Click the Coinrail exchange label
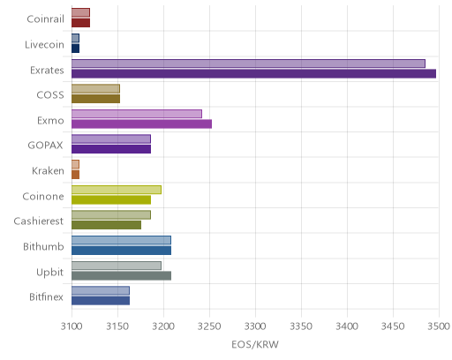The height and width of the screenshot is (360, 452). click(45, 19)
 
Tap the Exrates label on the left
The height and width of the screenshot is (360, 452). click(47, 71)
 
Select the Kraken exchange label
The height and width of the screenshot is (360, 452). click(48, 170)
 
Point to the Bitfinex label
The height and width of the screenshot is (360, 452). click(46, 296)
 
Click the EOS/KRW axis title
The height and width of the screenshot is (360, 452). click(255, 344)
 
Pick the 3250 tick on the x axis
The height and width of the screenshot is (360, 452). click(209, 326)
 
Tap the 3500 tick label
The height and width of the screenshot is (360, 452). click(439, 326)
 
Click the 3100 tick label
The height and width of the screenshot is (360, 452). click(72, 326)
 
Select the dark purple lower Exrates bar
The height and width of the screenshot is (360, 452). click(253, 74)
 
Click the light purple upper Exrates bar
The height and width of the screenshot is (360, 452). click(248, 64)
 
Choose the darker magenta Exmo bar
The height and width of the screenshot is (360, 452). click(141, 124)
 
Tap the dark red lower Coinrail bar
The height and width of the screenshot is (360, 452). click(80, 23)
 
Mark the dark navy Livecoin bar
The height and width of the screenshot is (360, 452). click(75, 49)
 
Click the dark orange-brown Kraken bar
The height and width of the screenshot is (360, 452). click(75, 175)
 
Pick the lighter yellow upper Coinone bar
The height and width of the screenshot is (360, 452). click(117, 190)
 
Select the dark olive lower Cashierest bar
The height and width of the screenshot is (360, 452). click(106, 225)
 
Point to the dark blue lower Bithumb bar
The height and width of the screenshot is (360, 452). click(121, 251)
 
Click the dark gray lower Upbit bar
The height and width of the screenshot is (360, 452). click(121, 276)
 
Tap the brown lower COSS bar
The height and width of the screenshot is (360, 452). click(95, 99)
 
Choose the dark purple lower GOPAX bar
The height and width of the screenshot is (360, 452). click(111, 149)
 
